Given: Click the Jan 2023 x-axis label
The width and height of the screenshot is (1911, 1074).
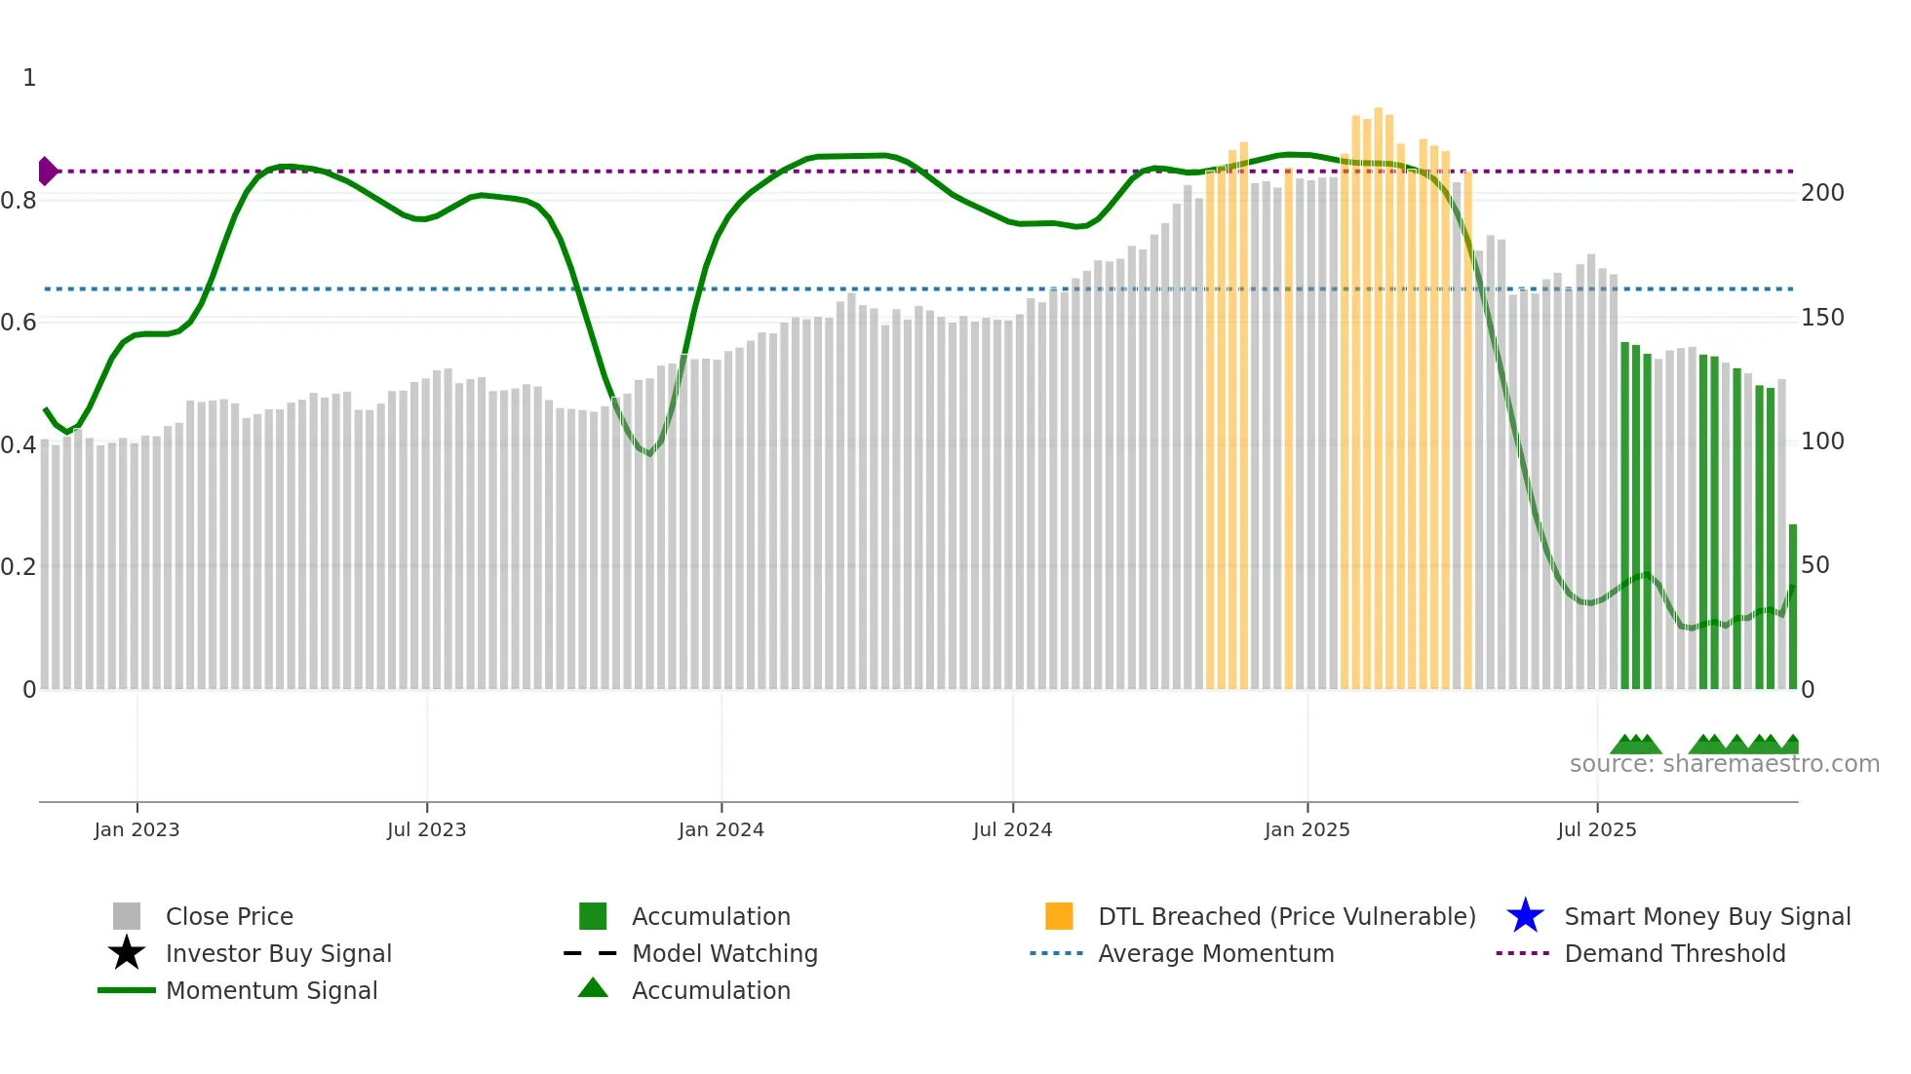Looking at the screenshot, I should pyautogui.click(x=136, y=830).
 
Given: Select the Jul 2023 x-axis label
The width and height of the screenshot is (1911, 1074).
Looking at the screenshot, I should pyautogui.click(x=426, y=830).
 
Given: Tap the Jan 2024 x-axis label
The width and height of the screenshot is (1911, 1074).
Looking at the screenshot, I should pyautogui.click(x=721, y=830).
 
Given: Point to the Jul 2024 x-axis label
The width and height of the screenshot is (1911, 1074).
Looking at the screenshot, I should pyautogui.click(x=1012, y=830).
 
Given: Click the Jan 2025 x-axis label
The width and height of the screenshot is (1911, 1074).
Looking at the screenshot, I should pyautogui.click(x=1306, y=830).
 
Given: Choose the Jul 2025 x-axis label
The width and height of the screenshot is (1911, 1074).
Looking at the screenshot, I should pyautogui.click(x=1596, y=830).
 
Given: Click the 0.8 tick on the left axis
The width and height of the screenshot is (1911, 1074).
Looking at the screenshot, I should pyautogui.click(x=19, y=201).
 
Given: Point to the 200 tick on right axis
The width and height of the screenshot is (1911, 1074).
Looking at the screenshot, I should pyautogui.click(x=1821, y=193).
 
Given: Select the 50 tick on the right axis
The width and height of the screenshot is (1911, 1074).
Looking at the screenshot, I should pyautogui.click(x=1814, y=565).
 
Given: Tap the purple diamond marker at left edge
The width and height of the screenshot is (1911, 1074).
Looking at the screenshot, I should pyautogui.click(x=47, y=172).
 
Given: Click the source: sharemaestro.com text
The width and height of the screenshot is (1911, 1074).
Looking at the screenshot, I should pyautogui.click(x=1724, y=764).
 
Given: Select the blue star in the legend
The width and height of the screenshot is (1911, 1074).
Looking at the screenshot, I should pyautogui.click(x=1525, y=916).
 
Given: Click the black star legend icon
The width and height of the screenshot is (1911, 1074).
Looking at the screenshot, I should pyautogui.click(x=127, y=953).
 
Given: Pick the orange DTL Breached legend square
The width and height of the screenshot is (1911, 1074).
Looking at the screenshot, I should pyautogui.click(x=1059, y=916).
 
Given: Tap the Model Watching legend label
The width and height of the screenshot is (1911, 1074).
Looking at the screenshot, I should pyautogui.click(x=724, y=953).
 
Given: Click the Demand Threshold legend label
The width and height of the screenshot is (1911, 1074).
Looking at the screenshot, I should pyautogui.click(x=1674, y=953).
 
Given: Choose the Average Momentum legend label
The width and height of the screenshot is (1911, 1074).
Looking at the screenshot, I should pyautogui.click(x=1216, y=953).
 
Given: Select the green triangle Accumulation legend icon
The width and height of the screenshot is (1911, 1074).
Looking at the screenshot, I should pyautogui.click(x=593, y=989).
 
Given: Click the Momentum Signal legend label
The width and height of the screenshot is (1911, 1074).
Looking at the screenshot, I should pyautogui.click(x=271, y=990).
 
